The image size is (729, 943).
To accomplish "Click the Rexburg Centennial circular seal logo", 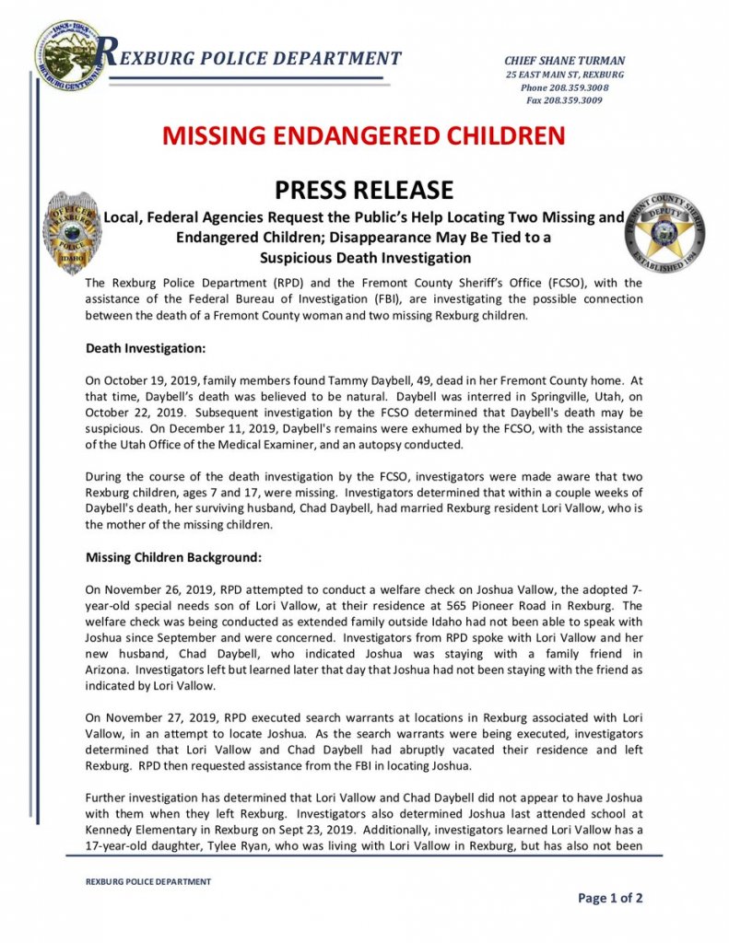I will coord(70,55).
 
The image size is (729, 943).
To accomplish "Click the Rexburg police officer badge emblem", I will coord(72,233).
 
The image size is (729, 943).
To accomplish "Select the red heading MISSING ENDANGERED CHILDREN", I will coord(363,136).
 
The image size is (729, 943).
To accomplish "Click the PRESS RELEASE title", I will coord(364,190).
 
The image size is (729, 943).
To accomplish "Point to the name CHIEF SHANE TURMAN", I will coord(564,61).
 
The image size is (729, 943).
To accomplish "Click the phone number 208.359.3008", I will coord(578,87).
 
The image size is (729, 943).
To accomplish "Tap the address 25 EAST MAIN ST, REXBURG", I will coord(564,75).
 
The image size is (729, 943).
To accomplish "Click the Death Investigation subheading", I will coord(145,349).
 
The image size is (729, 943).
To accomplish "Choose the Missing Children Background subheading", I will coord(174,557).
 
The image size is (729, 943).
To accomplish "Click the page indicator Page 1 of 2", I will coord(610,898).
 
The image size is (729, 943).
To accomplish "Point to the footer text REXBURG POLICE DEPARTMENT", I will coord(148,881).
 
